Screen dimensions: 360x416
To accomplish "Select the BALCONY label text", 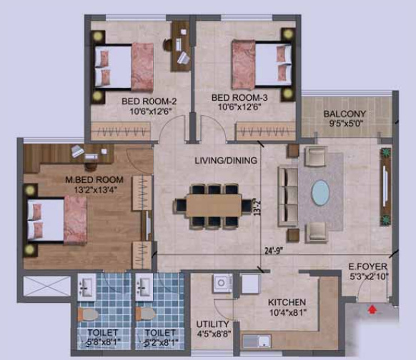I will coord(345,114).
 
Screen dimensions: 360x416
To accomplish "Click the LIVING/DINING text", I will coord(225,161).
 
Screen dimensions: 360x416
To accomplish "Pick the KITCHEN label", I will coord(287,302).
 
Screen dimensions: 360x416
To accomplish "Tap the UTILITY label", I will coord(213,324).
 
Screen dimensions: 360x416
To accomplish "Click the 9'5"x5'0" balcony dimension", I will coord(345,124).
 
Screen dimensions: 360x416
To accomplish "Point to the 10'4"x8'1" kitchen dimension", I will coord(287,312).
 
